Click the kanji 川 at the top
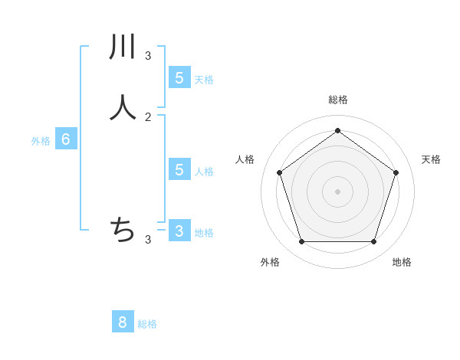pyautogui.click(x=123, y=47)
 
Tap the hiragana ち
pyautogui.click(x=123, y=229)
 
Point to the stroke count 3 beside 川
pyautogui.click(x=148, y=55)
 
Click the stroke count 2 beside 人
pyautogui.click(x=148, y=116)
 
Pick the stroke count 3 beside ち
pyautogui.click(x=148, y=240)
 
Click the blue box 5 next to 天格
pyautogui.click(x=179, y=77)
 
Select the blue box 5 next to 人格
pyautogui.click(x=179, y=169)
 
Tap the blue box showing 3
pyautogui.click(x=179, y=231)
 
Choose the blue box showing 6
pyautogui.click(x=66, y=139)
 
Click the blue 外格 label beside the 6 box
pyautogui.click(x=41, y=141)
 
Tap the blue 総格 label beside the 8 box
pyautogui.click(x=147, y=324)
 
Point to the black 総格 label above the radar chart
pyautogui.click(x=338, y=100)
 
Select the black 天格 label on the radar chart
pyautogui.click(x=431, y=159)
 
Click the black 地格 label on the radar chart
pyautogui.click(x=402, y=262)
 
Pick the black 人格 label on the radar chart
pyautogui.click(x=245, y=159)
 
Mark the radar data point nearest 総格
pyautogui.click(x=337, y=130)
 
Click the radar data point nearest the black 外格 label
pyautogui.click(x=301, y=242)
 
